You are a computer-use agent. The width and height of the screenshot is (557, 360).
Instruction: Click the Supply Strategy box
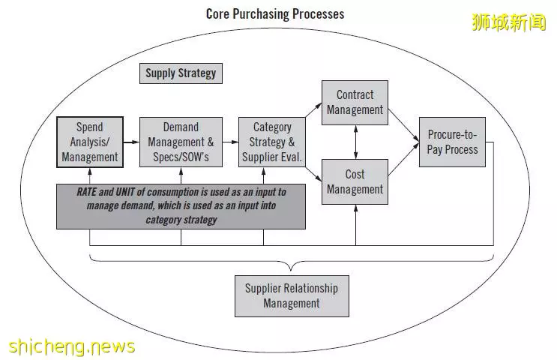click(181, 73)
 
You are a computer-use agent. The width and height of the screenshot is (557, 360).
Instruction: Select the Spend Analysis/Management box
click(90, 142)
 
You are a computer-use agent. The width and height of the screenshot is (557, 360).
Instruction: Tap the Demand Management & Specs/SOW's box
click(181, 142)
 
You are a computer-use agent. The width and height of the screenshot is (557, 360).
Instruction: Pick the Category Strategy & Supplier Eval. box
click(271, 142)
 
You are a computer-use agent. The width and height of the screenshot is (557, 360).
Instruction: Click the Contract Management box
click(355, 103)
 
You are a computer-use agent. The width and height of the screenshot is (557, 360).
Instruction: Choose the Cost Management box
click(355, 182)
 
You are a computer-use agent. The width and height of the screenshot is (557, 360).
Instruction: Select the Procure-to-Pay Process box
click(452, 142)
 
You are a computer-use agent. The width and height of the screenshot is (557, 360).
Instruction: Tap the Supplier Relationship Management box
click(292, 296)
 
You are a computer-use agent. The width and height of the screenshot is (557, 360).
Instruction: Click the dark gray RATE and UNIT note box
click(181, 206)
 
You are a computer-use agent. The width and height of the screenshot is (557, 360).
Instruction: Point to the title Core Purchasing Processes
click(275, 14)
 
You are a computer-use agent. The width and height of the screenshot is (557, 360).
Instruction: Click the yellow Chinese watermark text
click(509, 22)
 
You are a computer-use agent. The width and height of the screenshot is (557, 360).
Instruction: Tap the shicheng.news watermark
click(72, 346)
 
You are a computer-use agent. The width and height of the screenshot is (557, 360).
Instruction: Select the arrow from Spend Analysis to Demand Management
click(131, 142)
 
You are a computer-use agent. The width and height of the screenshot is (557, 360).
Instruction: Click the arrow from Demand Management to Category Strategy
click(231, 142)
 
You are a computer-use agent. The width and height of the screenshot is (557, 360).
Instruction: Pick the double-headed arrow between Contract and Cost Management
click(355, 142)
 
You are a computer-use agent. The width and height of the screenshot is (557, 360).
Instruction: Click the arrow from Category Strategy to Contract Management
click(313, 109)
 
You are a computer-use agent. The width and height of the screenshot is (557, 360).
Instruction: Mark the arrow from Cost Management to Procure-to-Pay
click(404, 159)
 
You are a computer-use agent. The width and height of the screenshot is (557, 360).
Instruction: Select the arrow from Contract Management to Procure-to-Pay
click(404, 125)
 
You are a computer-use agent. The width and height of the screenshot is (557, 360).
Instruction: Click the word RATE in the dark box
click(86, 192)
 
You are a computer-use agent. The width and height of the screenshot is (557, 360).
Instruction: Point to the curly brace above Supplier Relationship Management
click(292, 262)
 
